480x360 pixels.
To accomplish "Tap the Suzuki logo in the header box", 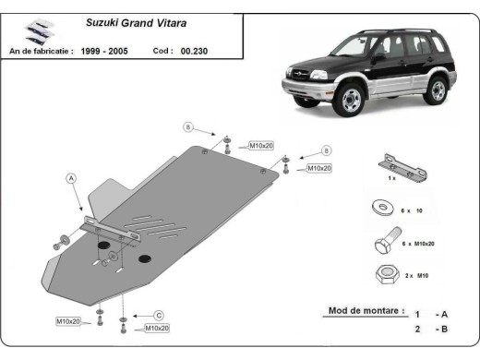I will click(33, 30).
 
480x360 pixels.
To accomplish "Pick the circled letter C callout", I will click(158, 315).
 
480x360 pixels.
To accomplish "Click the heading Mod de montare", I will click(365, 311).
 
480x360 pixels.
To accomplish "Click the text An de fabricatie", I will click(41, 53).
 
